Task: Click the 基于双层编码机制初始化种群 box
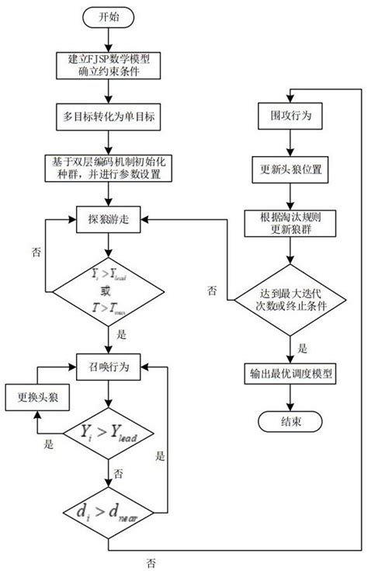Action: click(x=109, y=167)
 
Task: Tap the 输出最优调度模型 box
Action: click(x=289, y=373)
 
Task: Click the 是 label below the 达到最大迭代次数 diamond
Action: click(x=303, y=349)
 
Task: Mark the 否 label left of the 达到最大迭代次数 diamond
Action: click(x=212, y=290)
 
